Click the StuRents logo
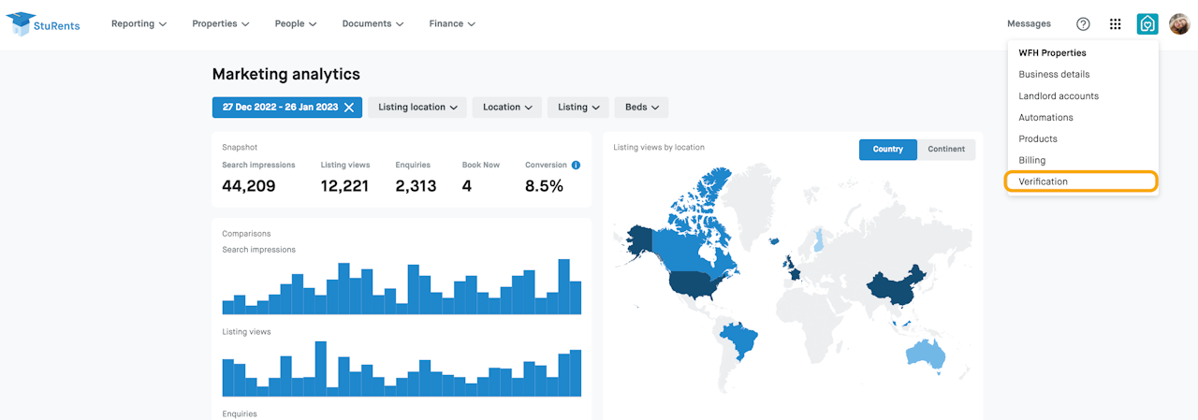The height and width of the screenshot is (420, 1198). [43, 24]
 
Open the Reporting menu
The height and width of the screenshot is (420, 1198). [139, 23]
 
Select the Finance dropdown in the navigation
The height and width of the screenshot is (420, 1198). [452, 23]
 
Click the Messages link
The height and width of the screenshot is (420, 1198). [1029, 23]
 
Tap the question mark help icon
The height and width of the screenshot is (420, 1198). [1083, 23]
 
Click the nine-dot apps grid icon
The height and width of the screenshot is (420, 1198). [1115, 23]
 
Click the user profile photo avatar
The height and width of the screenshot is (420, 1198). [1179, 23]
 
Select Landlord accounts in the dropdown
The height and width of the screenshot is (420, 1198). [1059, 95]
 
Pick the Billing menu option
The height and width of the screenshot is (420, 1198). [1031, 160]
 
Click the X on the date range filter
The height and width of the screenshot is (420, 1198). [349, 108]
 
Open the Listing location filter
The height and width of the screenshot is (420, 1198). [417, 107]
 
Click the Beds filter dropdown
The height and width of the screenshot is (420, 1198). [641, 107]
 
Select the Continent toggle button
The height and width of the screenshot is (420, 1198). [946, 149]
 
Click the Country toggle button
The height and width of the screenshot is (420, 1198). [888, 149]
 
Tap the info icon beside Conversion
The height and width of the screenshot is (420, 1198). [576, 166]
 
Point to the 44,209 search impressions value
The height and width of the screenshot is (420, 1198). [249, 186]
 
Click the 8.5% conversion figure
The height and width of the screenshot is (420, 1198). [544, 186]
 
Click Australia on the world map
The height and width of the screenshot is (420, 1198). [926, 355]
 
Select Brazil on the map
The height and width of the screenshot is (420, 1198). [739, 339]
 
